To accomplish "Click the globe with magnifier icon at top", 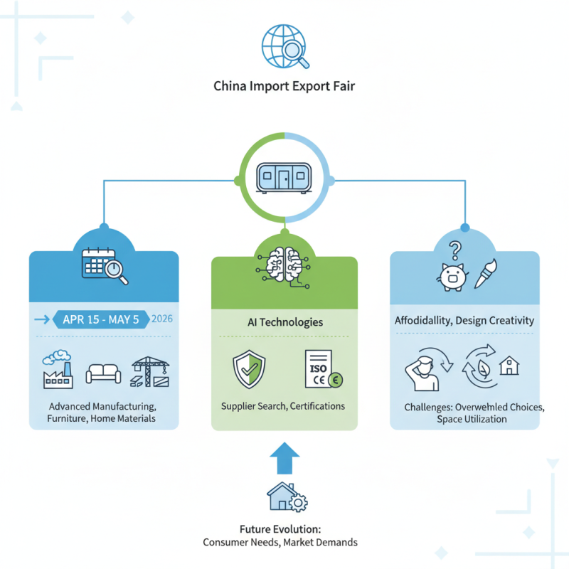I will pyautogui.click(x=284, y=48).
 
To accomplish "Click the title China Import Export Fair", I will pyautogui.click(x=284, y=87).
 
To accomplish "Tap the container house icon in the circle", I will pyautogui.click(x=284, y=176).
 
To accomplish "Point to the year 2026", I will pyautogui.click(x=162, y=319).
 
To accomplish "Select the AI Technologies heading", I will pyautogui.click(x=284, y=322).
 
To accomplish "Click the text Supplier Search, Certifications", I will pyautogui.click(x=284, y=405).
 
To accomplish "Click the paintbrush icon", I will pyautogui.click(x=484, y=274).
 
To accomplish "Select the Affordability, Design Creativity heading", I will pyautogui.click(x=464, y=321).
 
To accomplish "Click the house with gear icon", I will pyautogui.click(x=285, y=497).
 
